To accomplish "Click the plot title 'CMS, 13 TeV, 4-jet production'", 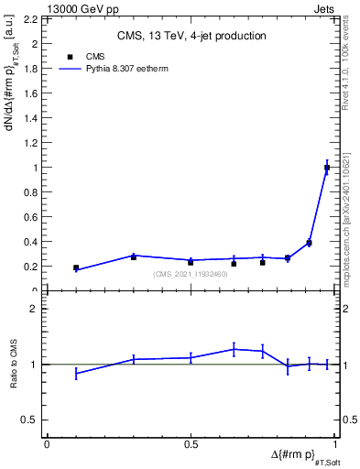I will (191, 36).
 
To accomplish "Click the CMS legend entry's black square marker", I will (71, 57).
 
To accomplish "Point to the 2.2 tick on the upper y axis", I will (28, 18).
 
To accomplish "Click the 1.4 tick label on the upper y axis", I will (28, 118).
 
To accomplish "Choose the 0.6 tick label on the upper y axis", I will (28, 217).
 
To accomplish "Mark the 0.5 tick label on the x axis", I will (191, 444).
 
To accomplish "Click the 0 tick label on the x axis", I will (47, 444).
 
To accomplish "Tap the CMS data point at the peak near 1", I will (327, 168).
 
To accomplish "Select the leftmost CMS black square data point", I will (76, 267).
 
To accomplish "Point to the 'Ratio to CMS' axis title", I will (14, 364).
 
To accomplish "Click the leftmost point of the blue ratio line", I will (76, 373).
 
